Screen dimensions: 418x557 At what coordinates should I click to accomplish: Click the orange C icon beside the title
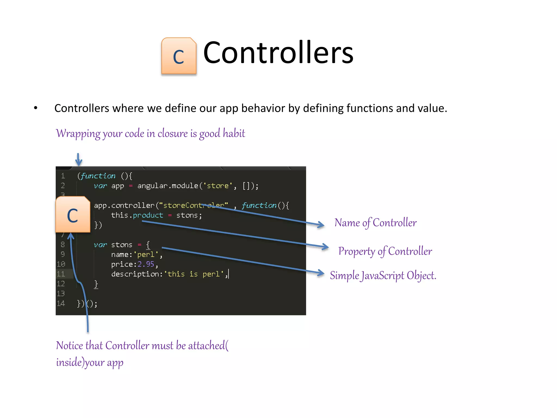pos(179,56)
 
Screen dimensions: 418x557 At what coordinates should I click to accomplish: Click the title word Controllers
pos(278,53)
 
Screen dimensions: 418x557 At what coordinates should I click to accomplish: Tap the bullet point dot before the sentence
pos(36,108)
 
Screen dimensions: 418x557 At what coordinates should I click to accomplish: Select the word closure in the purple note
pos(172,133)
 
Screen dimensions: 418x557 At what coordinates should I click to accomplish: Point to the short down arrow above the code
pos(79,160)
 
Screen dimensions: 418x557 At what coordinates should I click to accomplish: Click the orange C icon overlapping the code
pos(73,215)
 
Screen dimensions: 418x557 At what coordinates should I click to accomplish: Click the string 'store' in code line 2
pos(218,186)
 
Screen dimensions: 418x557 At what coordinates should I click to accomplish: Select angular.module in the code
pos(168,186)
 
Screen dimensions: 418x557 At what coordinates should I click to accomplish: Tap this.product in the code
pos(137,215)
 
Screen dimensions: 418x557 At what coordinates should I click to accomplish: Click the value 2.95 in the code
pos(146,264)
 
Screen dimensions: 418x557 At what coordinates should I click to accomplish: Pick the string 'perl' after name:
pos(146,254)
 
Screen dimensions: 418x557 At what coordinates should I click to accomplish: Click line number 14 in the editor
pos(61,303)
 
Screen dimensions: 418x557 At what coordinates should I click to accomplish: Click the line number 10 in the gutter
pos(61,264)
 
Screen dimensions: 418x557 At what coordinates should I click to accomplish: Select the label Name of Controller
pos(375,223)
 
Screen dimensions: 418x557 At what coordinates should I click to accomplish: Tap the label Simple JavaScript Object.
pos(383,276)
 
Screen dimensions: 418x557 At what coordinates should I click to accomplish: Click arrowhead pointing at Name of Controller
pos(321,225)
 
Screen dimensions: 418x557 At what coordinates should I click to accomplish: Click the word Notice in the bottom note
pos(69,346)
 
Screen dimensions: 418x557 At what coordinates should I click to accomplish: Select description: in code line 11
pos(137,274)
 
